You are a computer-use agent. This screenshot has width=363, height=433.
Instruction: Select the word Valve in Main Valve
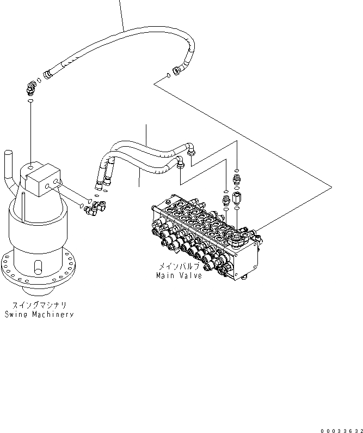pos(191,275)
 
